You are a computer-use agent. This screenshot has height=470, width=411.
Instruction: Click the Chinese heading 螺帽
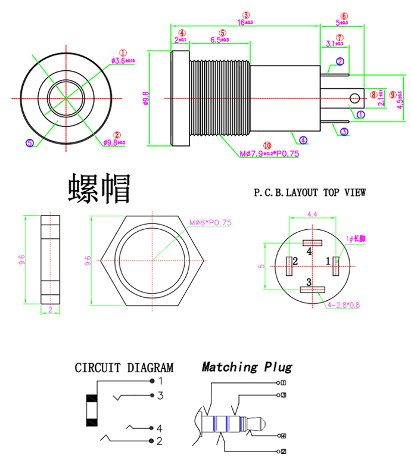(x=99, y=189)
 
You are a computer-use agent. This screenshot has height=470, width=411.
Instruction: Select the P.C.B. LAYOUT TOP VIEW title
(x=310, y=192)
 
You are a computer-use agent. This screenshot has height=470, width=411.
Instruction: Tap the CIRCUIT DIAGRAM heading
(x=124, y=368)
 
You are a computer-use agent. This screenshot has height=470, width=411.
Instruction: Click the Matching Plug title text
(x=247, y=367)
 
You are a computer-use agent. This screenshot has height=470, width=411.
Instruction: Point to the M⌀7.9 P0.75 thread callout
(x=269, y=154)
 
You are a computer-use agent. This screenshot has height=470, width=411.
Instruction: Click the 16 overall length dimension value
(x=245, y=22)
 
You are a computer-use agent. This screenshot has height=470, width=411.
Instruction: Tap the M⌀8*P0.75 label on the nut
(x=210, y=222)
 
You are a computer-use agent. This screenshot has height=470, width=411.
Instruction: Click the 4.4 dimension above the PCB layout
(x=312, y=213)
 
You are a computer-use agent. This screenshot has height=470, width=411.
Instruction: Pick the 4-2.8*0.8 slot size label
(x=343, y=304)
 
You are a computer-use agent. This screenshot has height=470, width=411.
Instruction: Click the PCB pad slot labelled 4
(x=312, y=242)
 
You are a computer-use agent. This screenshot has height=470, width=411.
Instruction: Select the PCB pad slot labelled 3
(x=312, y=290)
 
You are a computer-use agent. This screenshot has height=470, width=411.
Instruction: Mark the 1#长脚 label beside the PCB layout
(x=356, y=238)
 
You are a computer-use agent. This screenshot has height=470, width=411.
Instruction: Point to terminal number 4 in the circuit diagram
(x=160, y=428)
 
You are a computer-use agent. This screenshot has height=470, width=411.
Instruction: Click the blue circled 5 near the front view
(x=30, y=142)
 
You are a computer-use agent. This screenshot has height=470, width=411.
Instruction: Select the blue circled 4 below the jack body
(x=304, y=141)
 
